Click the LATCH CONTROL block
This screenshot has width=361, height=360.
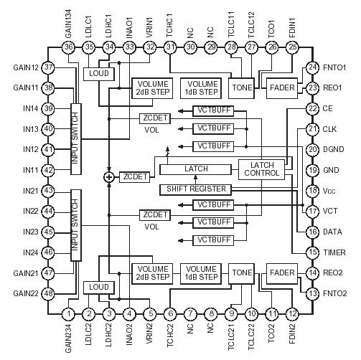pos(261,169)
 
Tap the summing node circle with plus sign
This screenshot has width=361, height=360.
pos(109,176)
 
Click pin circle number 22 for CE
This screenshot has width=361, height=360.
pos(311,108)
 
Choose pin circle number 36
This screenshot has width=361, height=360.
pos(68,47)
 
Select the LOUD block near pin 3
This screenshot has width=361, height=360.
pos(95,287)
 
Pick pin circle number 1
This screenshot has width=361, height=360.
pos(68,313)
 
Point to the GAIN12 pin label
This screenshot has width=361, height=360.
pos(25,67)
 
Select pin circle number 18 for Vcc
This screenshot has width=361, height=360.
pos(311,191)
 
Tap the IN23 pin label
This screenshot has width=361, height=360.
pos(28,232)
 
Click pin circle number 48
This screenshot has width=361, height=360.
pos(48,294)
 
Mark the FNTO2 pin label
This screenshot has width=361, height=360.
pos(338,294)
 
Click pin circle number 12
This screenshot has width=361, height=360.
pos(293,313)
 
